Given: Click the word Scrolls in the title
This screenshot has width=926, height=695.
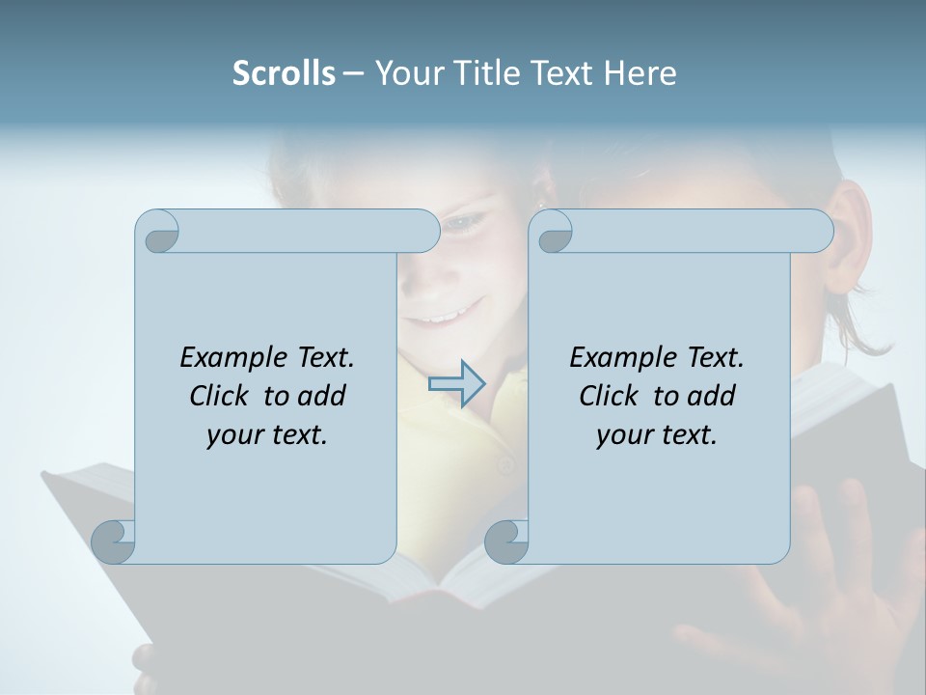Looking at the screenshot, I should click(284, 72).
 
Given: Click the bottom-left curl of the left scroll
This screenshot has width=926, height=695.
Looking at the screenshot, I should click(113, 542).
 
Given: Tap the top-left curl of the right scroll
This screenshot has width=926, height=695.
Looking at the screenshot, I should click(554, 233).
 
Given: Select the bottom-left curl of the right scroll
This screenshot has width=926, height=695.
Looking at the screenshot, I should click(506, 542).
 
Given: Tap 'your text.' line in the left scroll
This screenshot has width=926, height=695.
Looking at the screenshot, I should click(267, 434).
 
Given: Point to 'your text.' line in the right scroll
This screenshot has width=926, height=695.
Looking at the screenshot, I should click(657, 434).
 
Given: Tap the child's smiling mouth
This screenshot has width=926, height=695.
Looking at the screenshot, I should click(444, 315).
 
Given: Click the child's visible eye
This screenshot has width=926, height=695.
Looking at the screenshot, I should click(466, 224).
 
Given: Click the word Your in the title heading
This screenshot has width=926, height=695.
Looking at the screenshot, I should click(409, 72).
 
